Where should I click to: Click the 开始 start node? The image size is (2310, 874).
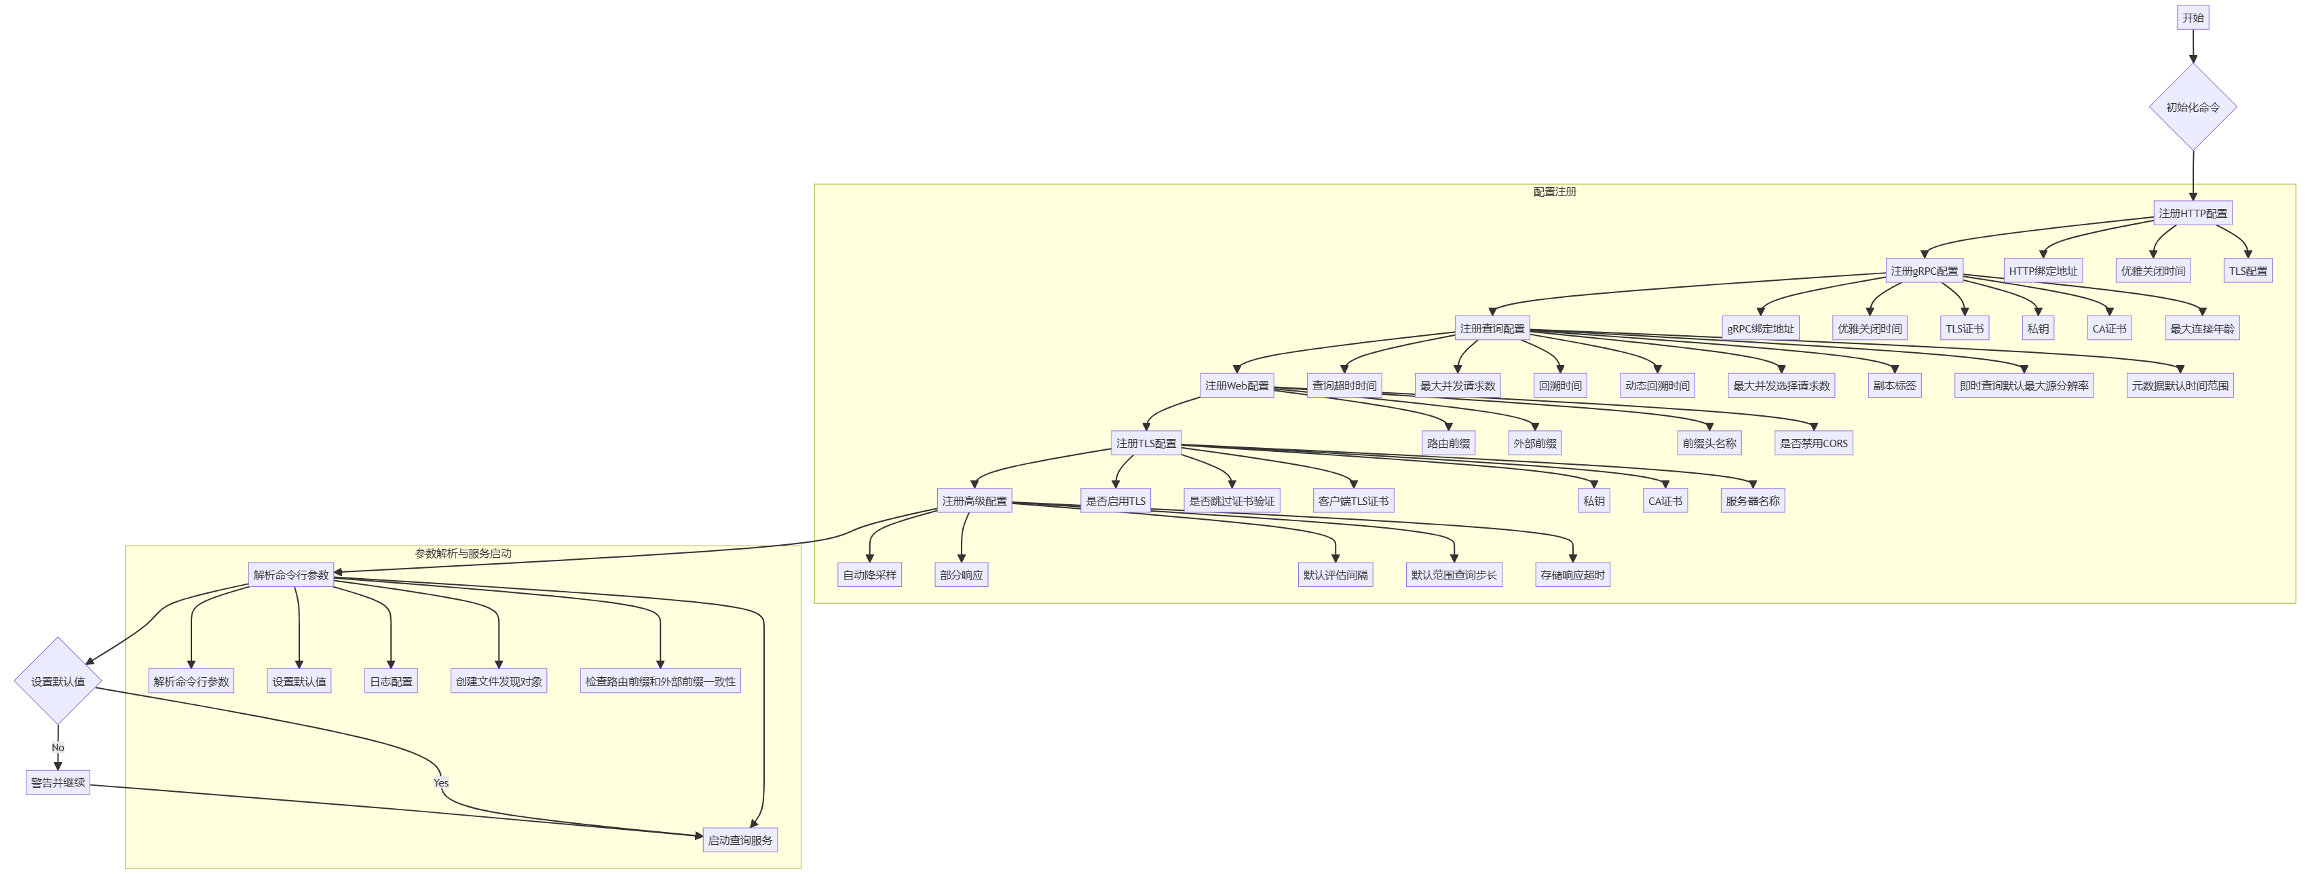[x=2193, y=18]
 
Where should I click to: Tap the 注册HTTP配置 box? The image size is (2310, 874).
[x=2193, y=213]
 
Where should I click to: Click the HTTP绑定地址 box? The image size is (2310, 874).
[x=2043, y=271]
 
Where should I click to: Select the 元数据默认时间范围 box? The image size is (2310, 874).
[x=2179, y=386]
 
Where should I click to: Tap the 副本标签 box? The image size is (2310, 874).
[x=1894, y=386]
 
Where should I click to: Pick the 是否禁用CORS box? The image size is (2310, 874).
[x=1813, y=444]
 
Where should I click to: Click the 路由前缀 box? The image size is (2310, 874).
[x=1448, y=444]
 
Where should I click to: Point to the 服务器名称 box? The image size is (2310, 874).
[x=1752, y=501]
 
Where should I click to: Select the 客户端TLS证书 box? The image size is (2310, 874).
[x=1353, y=501]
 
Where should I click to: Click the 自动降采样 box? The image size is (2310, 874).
[x=869, y=575]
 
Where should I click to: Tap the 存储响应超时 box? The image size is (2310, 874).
[x=1572, y=575]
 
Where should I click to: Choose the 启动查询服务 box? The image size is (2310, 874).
[x=740, y=841]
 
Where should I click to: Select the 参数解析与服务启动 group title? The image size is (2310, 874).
[x=463, y=554]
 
